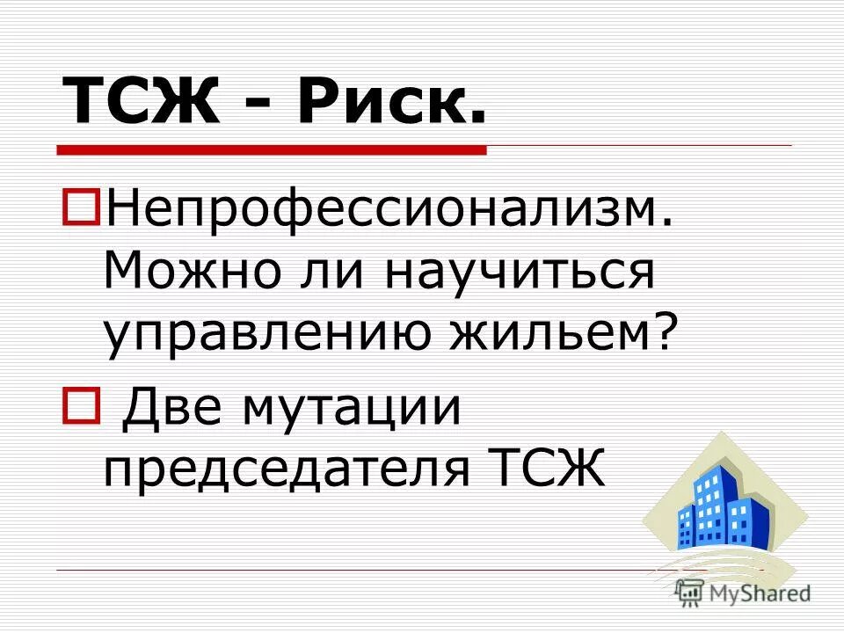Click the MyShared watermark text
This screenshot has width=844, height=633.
[760, 593]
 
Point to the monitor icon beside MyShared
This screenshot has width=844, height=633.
[689, 593]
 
